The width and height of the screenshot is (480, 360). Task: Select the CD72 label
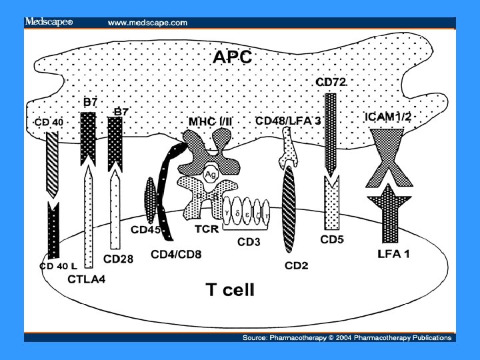(331, 83)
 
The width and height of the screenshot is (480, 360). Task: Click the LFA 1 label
(393, 254)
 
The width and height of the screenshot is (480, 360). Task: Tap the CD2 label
(296, 266)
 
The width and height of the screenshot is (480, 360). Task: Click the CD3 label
(249, 242)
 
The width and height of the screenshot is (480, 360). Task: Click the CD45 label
(146, 230)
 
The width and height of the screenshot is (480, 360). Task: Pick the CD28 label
(118, 258)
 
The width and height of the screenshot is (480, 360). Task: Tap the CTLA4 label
(85, 280)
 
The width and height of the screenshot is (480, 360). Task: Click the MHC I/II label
(209, 121)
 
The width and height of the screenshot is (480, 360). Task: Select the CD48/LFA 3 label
(287, 121)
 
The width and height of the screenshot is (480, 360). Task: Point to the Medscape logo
(48, 22)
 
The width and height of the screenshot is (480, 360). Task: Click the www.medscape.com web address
(147, 22)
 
